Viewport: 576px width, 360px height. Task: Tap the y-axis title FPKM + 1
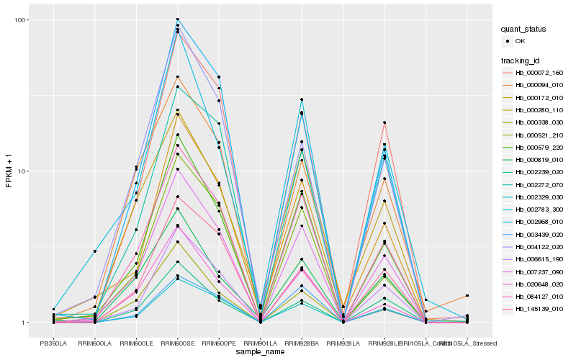coord(9,171)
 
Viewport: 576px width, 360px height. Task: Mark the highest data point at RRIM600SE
coord(178,19)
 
